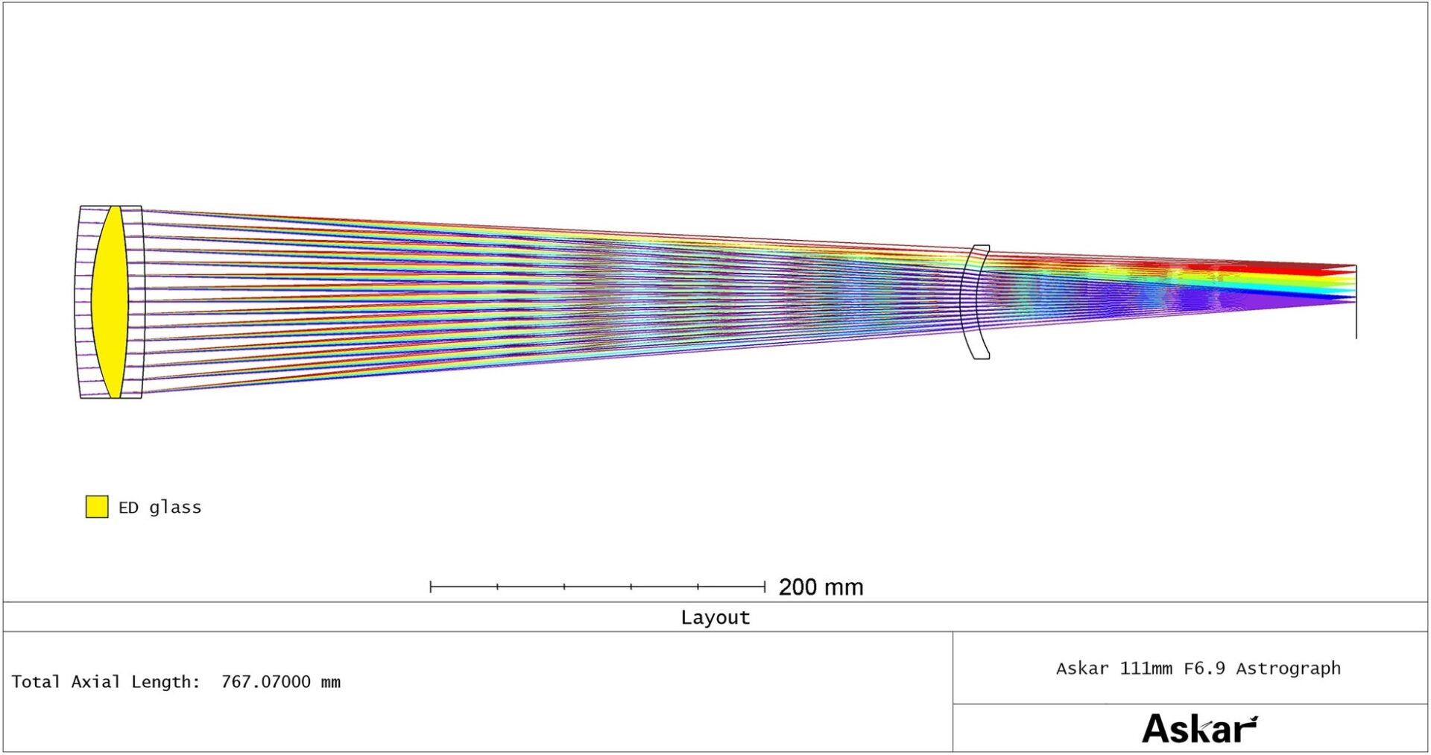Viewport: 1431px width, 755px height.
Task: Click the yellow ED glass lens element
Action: (110, 302)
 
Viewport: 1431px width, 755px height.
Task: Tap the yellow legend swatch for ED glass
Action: (97, 507)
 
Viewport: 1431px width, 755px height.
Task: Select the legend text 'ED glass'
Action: (159, 508)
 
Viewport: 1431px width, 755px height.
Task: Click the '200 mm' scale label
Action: (821, 587)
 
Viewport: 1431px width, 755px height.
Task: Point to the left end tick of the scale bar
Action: (431, 587)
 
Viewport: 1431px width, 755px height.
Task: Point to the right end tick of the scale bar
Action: (765, 587)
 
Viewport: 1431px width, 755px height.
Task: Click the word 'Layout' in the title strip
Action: (715, 618)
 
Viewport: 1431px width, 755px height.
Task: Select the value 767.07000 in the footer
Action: (266, 682)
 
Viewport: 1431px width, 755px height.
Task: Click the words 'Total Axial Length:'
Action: (106, 682)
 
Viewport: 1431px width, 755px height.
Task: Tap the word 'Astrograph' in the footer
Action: (1288, 669)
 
